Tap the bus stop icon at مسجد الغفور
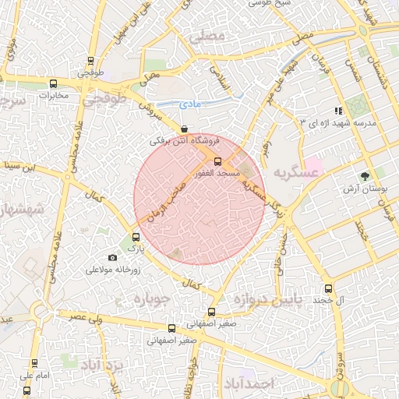point(217,161)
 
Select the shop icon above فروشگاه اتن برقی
point(184,129)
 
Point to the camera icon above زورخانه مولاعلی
point(112,258)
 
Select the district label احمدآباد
point(249,383)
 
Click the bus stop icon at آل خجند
point(328,288)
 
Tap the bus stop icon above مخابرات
point(53,84)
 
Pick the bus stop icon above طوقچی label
point(91,61)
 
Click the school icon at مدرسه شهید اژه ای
point(337,111)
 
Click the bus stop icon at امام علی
point(34,363)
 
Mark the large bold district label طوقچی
point(105,100)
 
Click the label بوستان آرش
point(362,189)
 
